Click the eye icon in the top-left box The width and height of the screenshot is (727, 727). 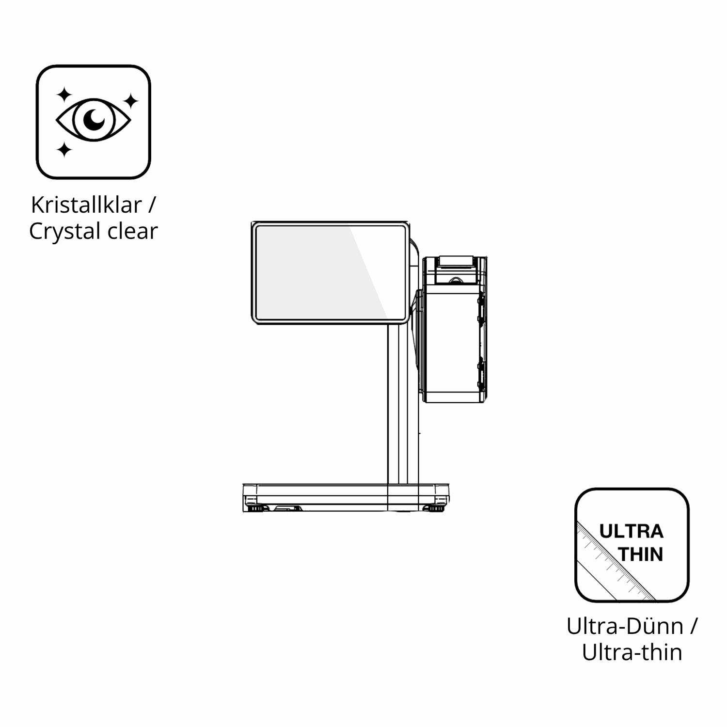click(x=94, y=120)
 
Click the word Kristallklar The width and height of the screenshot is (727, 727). click(x=86, y=205)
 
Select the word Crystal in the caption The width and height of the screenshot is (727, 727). click(x=65, y=232)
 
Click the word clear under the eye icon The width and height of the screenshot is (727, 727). click(x=133, y=231)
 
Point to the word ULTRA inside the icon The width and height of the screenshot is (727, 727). click(x=631, y=531)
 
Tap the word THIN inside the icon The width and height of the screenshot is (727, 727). click(x=641, y=554)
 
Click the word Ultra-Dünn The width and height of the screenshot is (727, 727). click(x=625, y=626)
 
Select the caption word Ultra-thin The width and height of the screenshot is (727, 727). click(x=632, y=652)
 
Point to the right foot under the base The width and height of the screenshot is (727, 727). click(x=433, y=508)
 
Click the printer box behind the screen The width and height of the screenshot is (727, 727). click(x=454, y=347)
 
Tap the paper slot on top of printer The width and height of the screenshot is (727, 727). click(x=455, y=261)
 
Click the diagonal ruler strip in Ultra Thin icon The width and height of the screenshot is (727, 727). click(x=616, y=562)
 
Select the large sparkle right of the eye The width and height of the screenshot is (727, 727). click(x=130, y=101)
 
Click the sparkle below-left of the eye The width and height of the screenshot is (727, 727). click(x=64, y=149)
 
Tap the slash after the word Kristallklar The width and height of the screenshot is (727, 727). click(x=152, y=205)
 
